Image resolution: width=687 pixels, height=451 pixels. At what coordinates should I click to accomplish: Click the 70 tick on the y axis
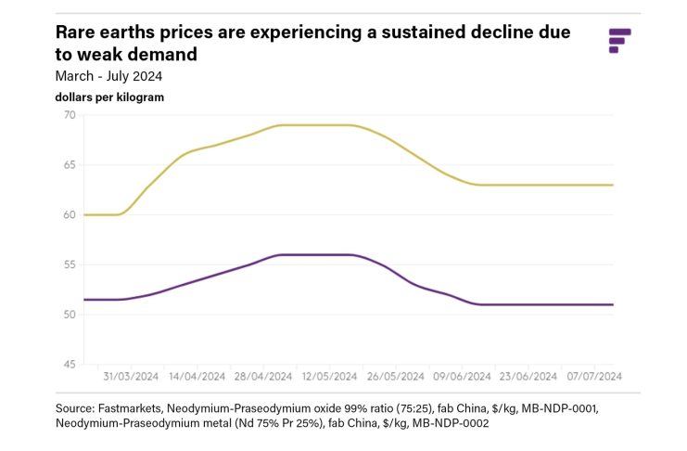coord(70,115)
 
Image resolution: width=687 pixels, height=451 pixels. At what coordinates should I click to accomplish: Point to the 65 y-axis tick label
coord(70,165)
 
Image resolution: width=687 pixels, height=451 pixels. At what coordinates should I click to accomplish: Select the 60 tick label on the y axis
coord(70,215)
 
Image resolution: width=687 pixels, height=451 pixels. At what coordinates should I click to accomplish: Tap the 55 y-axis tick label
coord(70,264)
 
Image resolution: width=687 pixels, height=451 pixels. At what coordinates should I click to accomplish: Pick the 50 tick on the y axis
coord(70,315)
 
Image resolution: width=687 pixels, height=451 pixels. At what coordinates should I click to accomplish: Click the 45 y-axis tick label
coord(70,365)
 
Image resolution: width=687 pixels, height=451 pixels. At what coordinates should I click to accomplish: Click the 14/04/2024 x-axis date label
coord(197,377)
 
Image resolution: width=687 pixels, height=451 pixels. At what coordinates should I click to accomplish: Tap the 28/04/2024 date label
coord(262,377)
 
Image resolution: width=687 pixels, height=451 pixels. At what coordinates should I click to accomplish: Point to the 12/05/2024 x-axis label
coord(328,377)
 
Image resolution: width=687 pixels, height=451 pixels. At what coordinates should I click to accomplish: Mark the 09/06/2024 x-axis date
coord(461,377)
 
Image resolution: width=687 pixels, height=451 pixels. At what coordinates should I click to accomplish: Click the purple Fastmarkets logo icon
coord(619,41)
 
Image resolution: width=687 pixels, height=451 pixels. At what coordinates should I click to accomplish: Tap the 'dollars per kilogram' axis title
coord(109,97)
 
